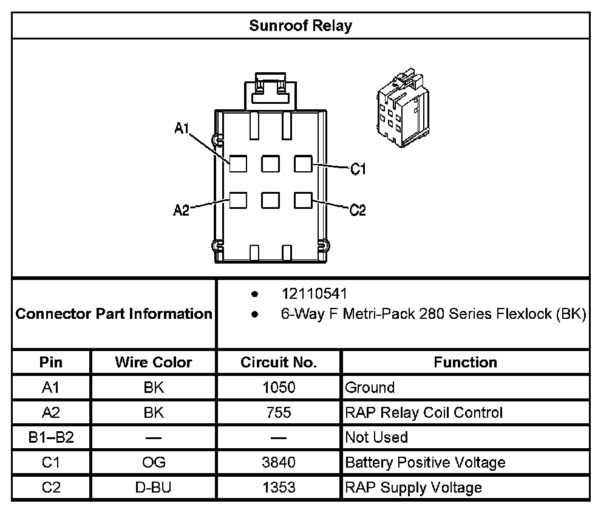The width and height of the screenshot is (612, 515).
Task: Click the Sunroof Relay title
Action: (301, 26)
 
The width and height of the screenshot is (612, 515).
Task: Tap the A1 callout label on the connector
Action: (182, 128)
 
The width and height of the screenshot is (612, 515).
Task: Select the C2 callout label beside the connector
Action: (358, 210)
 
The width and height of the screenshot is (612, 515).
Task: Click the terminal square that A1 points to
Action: (238, 163)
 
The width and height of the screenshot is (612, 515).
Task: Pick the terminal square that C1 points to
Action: (303, 163)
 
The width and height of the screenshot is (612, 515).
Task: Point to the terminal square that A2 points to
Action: (238, 200)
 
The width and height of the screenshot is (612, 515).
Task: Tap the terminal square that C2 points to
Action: (303, 200)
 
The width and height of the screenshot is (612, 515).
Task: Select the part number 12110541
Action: (314, 294)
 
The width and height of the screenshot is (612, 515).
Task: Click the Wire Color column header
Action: (153, 363)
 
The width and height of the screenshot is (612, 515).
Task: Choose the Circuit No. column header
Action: (279, 363)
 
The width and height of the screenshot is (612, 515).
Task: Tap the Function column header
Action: (465, 363)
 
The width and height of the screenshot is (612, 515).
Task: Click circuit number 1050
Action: (279, 387)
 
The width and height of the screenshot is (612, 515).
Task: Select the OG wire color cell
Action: (153, 462)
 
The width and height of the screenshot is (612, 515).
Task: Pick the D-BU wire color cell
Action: (153, 487)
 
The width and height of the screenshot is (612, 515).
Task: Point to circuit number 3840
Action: (279, 462)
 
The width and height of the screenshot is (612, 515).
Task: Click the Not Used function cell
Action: (376, 437)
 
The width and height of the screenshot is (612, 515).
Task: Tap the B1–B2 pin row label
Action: (51, 437)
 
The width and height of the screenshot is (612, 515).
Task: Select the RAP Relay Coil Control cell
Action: (424, 412)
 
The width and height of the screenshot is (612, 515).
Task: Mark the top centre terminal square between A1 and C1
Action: (270, 163)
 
